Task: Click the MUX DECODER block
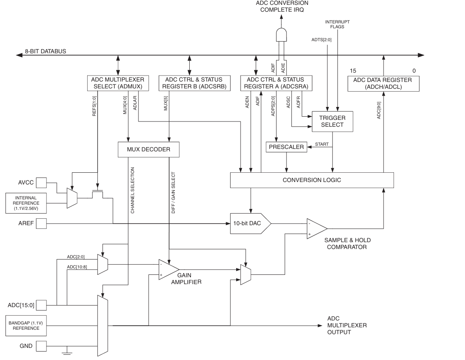point(148,149)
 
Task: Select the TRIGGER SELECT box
point(332,121)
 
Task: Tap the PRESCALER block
point(286,147)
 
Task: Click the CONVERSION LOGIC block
point(312,180)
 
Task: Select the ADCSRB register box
point(190,83)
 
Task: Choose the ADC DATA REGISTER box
point(382,83)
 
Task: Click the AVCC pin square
point(42,183)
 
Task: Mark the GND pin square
point(42,346)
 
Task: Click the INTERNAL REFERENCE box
point(26,203)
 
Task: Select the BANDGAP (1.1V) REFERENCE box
point(26,325)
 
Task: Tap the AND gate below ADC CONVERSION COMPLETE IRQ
point(281,36)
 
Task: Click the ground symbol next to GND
point(67,352)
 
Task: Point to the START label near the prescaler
point(322,144)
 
